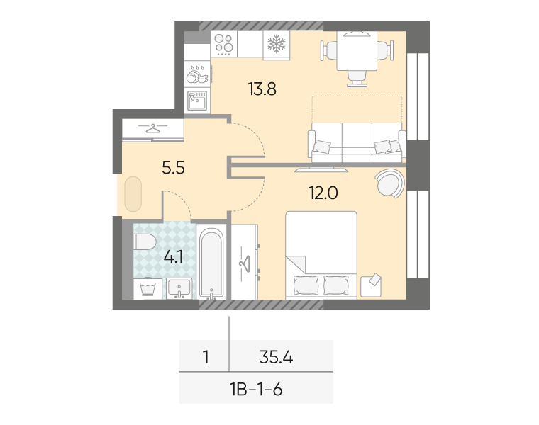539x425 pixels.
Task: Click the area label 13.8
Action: [x=261, y=89]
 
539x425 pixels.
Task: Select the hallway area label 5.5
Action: [x=174, y=168]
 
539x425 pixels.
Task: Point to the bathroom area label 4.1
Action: [x=173, y=256]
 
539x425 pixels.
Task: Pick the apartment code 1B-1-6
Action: [x=256, y=389]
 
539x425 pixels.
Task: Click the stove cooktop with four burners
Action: [x=224, y=44]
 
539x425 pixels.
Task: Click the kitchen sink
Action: [x=196, y=101]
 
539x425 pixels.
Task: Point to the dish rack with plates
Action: [x=196, y=73]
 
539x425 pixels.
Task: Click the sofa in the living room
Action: [x=356, y=142]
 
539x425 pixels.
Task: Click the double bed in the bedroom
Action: [x=321, y=256]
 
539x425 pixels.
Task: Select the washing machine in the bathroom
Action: [x=148, y=289]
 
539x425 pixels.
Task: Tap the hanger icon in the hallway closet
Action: [x=152, y=128]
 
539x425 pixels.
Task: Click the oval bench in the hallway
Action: [x=133, y=194]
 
